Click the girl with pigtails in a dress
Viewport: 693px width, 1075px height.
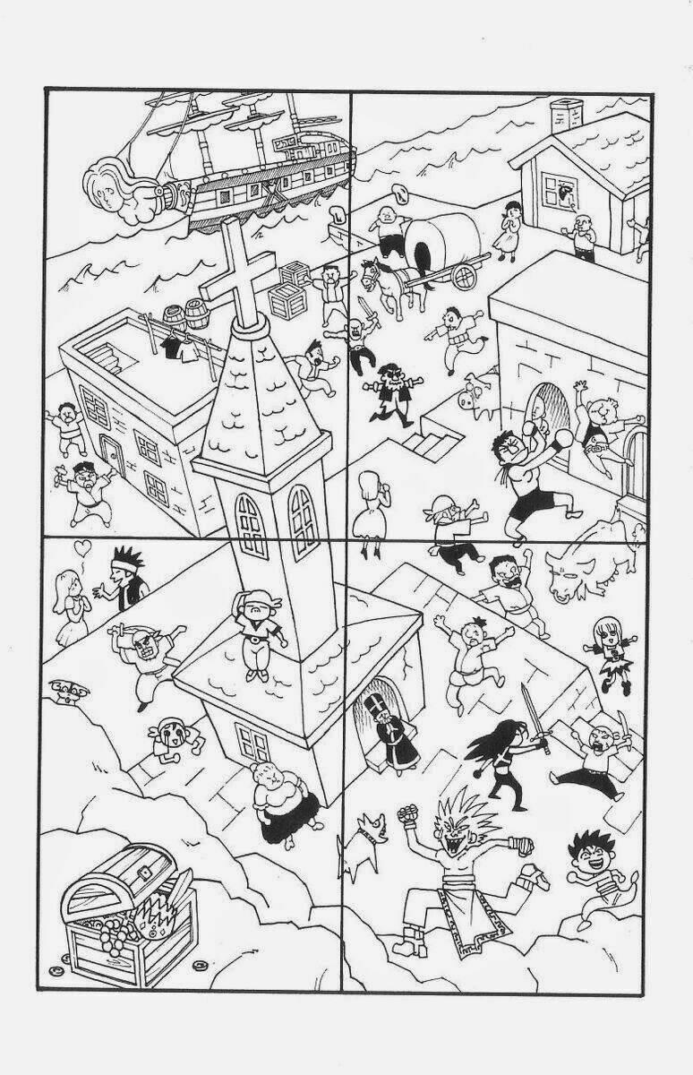point(612,654)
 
